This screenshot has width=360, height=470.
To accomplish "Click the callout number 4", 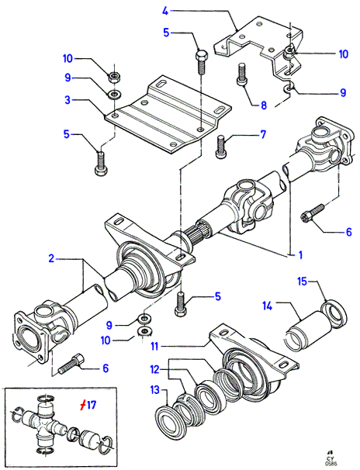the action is [x=165, y=11].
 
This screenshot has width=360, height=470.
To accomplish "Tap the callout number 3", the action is [x=67, y=100].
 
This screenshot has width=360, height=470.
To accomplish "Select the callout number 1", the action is [x=300, y=255].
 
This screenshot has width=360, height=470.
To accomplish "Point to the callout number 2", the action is [x=51, y=258].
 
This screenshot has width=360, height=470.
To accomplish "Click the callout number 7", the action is [x=263, y=134].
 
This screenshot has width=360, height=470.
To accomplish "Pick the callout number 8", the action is [x=264, y=105].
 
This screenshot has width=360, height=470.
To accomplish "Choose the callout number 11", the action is [x=154, y=347].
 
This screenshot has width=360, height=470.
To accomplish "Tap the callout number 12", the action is [x=154, y=370].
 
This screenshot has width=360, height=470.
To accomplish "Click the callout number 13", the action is [x=155, y=390].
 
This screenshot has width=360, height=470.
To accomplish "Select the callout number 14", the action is [x=268, y=306].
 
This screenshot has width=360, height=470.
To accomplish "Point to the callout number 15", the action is [x=303, y=282].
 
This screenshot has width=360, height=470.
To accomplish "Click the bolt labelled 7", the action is [x=221, y=147].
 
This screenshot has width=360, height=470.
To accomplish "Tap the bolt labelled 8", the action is [x=242, y=74].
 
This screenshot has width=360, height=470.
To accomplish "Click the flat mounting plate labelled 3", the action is [x=168, y=114].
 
